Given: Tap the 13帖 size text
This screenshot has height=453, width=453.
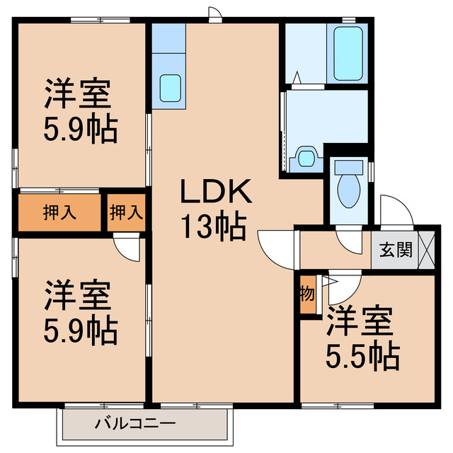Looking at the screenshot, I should pyautogui.click(x=212, y=227).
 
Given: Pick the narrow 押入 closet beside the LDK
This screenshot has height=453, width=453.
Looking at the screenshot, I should pyautogui.click(x=127, y=212).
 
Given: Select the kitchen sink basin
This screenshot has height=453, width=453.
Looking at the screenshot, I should pyautogui.click(x=170, y=87).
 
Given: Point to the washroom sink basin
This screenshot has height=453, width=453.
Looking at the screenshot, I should pyautogui.click(x=306, y=157).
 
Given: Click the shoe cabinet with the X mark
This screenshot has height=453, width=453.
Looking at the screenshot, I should pyautogui.click(x=427, y=249).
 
